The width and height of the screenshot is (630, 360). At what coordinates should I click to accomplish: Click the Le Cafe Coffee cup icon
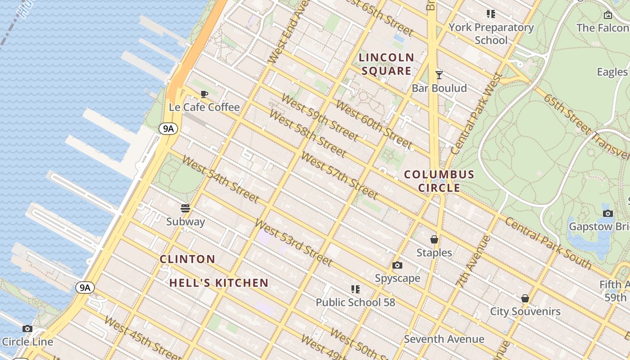204,94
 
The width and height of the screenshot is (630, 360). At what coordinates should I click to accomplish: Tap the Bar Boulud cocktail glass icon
439,75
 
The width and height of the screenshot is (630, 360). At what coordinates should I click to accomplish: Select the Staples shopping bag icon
434,239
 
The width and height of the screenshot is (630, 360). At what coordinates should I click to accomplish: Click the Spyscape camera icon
397,265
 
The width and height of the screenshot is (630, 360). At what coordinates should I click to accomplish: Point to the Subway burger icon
185,208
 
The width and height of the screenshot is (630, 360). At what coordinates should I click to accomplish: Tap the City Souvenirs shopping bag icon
525,298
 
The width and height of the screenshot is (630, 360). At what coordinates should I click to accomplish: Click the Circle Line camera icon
27,328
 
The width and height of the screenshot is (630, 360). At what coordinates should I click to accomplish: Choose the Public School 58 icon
355,289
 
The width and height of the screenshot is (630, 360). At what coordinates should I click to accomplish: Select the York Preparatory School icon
491,14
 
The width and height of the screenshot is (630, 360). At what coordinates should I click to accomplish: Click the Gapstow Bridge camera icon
607,213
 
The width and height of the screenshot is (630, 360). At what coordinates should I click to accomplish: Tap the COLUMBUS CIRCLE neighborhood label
439,181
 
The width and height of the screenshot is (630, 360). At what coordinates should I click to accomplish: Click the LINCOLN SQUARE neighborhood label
387,64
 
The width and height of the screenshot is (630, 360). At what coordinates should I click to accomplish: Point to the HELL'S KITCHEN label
219,283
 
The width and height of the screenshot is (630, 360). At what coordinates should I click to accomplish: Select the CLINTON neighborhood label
188,259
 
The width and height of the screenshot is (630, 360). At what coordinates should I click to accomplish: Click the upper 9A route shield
168,129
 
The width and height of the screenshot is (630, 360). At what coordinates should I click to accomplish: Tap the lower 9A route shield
85,288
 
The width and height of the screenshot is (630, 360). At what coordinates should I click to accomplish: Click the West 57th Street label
339,176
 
